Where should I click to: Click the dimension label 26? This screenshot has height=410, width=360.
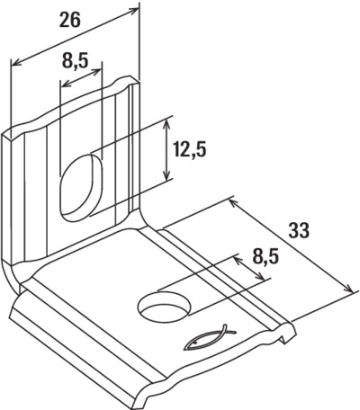click(x=70, y=21)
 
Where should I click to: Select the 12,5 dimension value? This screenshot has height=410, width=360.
click(x=190, y=149)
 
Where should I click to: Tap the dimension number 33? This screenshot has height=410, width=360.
click(x=299, y=230)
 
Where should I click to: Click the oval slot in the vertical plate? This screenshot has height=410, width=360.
click(x=82, y=188)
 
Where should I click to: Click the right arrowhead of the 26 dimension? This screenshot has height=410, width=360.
click(x=134, y=11)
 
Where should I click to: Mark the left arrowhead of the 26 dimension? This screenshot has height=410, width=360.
click(x=16, y=62)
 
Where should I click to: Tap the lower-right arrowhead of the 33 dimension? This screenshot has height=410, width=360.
click(x=347, y=289)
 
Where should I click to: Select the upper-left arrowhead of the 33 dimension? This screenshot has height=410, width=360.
click(x=234, y=203)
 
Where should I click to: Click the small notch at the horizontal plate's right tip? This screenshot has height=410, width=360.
click(x=284, y=338)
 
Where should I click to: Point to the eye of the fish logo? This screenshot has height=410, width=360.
click(x=195, y=342)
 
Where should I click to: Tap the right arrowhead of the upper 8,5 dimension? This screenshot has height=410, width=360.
click(x=97, y=72)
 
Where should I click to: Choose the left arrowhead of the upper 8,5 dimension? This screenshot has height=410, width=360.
click(x=66, y=84)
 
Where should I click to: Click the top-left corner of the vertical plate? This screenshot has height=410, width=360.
click(x=4, y=134)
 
